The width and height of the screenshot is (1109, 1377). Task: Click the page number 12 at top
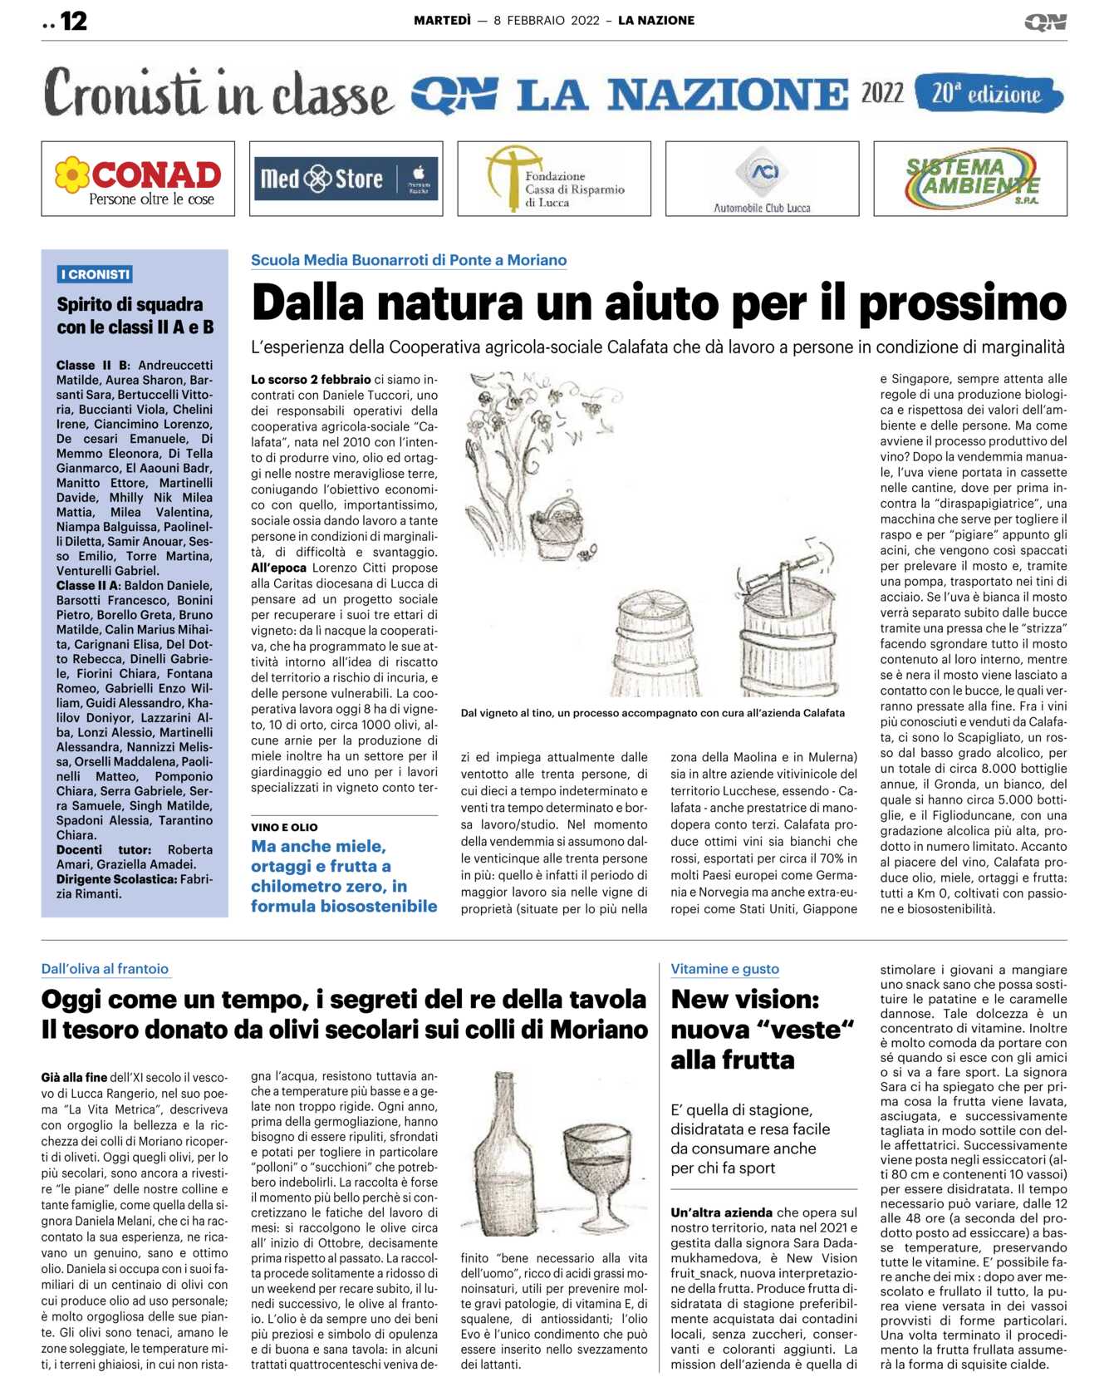73,22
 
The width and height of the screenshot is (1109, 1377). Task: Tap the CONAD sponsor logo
138,180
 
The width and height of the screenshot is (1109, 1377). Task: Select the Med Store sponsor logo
346,179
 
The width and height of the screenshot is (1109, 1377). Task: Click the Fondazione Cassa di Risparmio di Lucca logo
554,179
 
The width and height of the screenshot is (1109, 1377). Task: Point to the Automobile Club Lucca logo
762,180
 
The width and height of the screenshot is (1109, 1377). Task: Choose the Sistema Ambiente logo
970,179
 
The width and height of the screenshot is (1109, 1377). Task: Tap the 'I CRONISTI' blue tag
96,274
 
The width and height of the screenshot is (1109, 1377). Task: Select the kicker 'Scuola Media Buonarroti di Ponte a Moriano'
409,260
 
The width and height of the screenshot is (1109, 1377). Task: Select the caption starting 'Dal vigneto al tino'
652,713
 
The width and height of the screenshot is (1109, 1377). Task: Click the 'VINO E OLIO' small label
284,827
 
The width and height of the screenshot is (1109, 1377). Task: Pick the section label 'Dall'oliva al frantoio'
105,969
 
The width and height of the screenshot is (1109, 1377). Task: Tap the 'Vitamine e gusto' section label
724,969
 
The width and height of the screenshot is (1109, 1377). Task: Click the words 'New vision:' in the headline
745,999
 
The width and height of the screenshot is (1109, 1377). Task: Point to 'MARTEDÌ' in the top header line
442,21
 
